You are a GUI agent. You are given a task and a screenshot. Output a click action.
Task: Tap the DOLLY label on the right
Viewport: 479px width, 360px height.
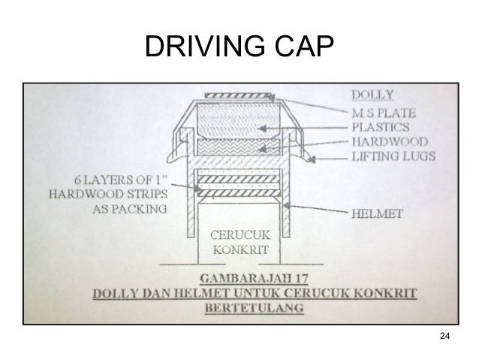point(374,95)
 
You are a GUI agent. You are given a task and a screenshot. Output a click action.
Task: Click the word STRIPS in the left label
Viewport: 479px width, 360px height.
point(146,195)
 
